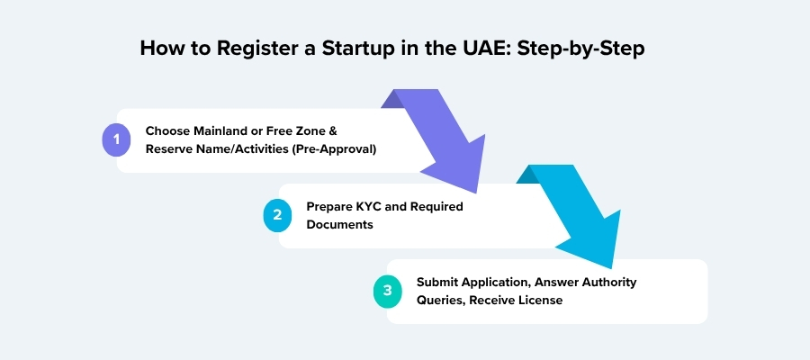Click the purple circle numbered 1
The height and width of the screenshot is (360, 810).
point(116,139)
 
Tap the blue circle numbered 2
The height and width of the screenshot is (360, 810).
point(277,215)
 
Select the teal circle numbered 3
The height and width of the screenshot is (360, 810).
point(387,291)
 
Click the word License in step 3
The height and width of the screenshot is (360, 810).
point(539,300)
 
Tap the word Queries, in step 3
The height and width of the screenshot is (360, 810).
point(439,300)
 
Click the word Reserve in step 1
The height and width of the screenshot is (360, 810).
point(170,148)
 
